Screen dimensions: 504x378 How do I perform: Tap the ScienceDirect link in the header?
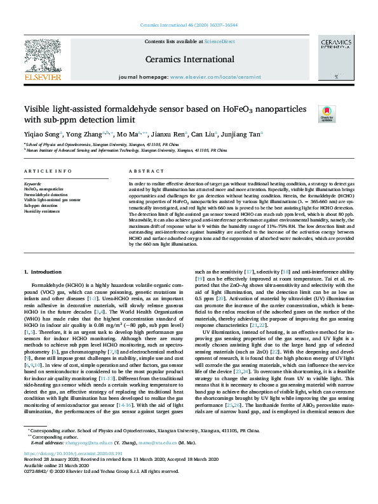pyautogui.click(x=219, y=41)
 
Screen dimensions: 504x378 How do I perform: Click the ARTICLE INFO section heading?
pyautogui.click(x=48, y=172)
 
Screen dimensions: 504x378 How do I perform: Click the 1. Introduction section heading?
pyautogui.click(x=43, y=272)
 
